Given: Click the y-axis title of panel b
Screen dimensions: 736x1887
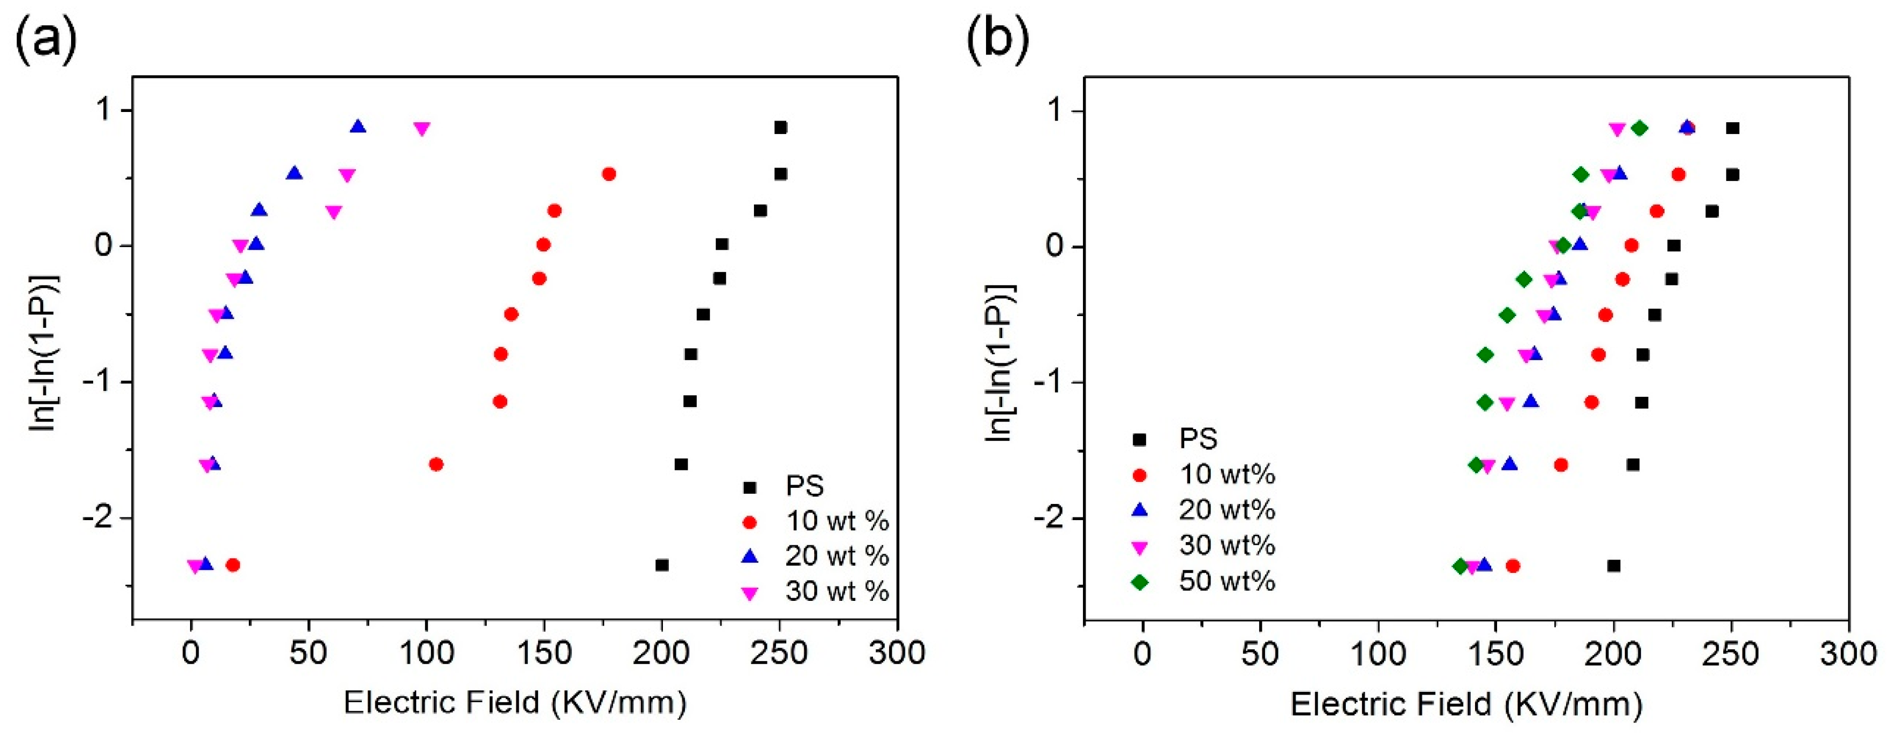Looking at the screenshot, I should [x=1000, y=362].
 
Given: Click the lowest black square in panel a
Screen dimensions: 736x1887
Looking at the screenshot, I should [x=662, y=565].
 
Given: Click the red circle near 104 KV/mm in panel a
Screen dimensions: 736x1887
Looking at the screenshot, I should [x=436, y=464].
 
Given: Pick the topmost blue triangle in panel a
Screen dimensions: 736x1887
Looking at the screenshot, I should [x=358, y=127].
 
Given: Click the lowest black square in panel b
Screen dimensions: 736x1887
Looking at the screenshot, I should [x=1613, y=565].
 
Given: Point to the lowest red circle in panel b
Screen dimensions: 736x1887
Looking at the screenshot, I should [x=1513, y=565].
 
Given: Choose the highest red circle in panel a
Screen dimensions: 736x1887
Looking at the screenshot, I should [x=609, y=174].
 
